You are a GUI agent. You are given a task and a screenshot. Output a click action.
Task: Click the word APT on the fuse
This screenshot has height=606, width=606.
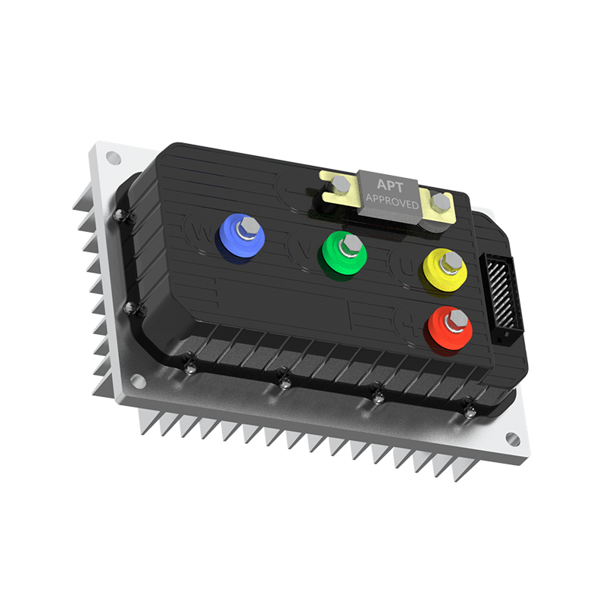point(390,184)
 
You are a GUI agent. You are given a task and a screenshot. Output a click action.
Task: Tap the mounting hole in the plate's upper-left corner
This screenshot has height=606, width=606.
point(113,158)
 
